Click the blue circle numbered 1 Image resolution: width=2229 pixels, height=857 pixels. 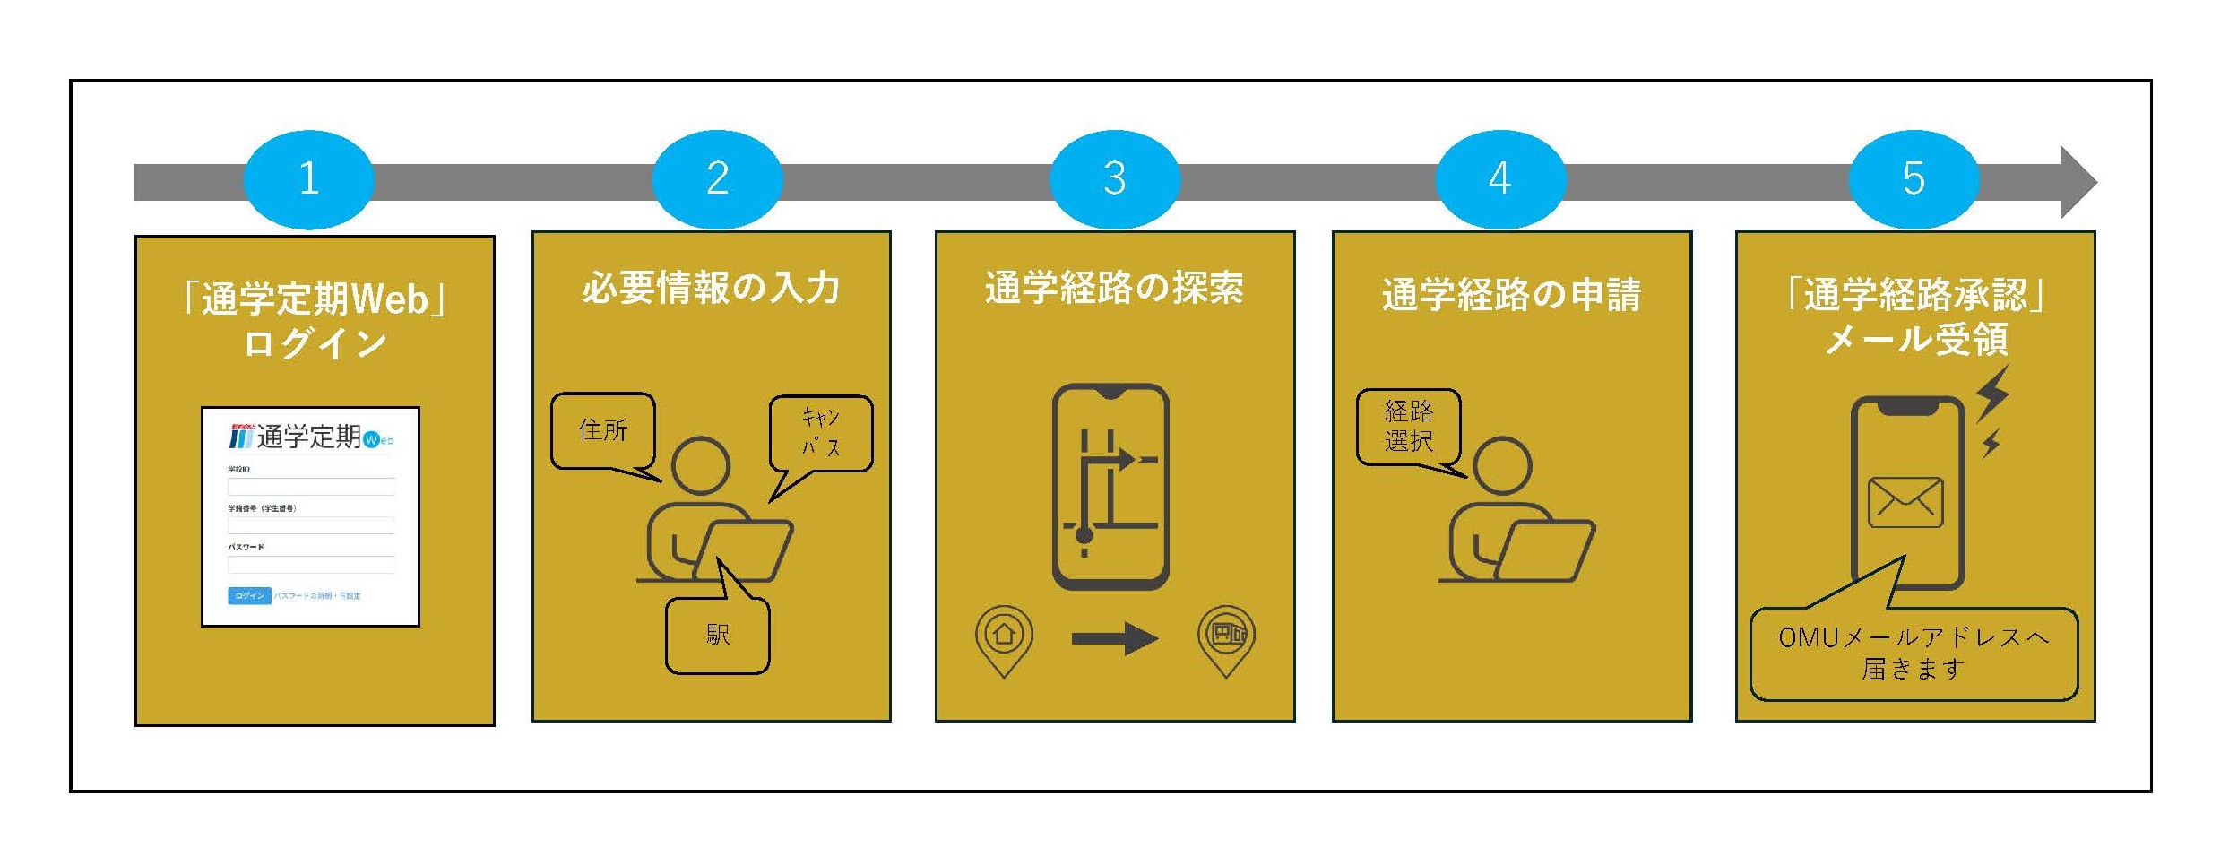[x=309, y=178]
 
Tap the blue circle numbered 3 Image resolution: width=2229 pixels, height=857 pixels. [x=1114, y=178]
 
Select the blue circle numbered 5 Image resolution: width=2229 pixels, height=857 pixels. [x=1914, y=178]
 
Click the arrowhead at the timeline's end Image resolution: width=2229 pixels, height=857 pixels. [x=2078, y=182]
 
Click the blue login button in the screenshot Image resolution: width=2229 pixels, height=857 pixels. [x=249, y=596]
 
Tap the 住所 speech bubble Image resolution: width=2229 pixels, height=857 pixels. [x=603, y=430]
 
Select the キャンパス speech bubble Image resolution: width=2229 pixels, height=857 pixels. [x=821, y=433]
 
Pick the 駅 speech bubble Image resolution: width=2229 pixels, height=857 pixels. [x=718, y=636]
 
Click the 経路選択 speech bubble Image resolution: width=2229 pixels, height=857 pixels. [x=1408, y=427]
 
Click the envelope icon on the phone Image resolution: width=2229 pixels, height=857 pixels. [x=1905, y=503]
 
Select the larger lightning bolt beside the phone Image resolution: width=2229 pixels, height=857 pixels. [x=1994, y=394]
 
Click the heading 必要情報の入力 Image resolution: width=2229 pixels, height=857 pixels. [x=712, y=289]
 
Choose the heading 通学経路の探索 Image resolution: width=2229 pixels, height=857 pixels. [x=1114, y=289]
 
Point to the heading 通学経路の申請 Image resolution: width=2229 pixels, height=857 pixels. [x=1511, y=295]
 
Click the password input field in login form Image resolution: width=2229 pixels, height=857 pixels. [x=311, y=565]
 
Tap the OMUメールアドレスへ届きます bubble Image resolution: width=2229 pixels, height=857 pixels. [x=1914, y=654]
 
